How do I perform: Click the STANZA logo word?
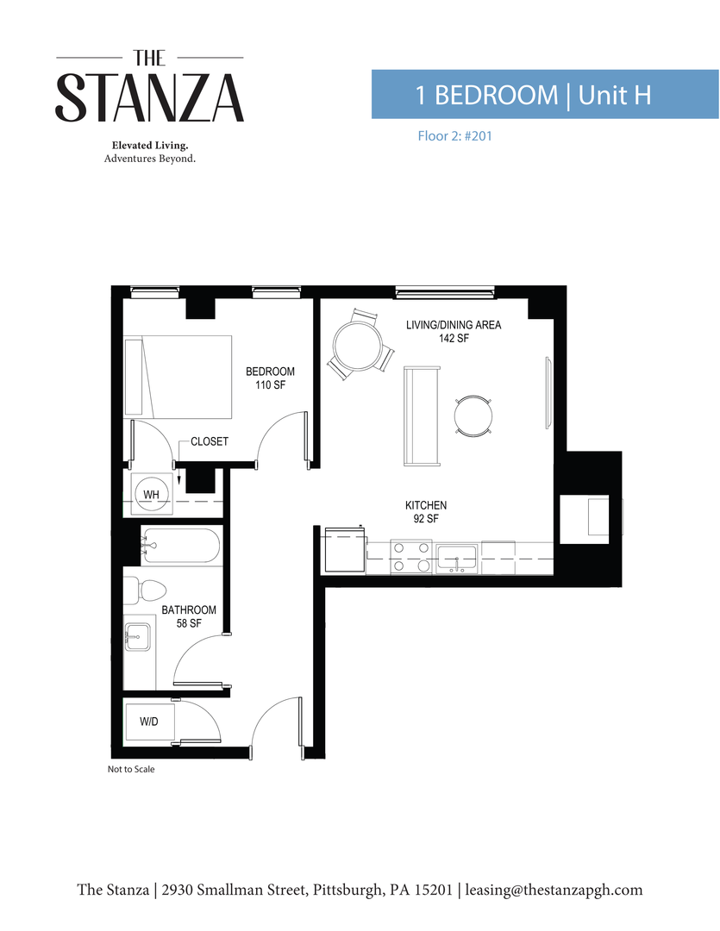[150, 97]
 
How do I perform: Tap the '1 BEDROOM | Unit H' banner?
[533, 94]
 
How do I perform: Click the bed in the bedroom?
[178, 376]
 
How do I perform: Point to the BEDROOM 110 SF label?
[270, 378]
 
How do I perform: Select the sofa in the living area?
[422, 415]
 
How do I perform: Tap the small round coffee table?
[473, 416]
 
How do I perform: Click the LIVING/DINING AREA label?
[454, 331]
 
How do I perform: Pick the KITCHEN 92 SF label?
[426, 511]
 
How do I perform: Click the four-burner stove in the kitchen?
[411, 556]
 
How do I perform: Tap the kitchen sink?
[457, 558]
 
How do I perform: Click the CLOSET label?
[210, 441]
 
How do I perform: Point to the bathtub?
[180, 546]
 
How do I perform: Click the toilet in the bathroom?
[145, 590]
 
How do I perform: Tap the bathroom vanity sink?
[138, 640]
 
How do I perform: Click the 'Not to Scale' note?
[131, 769]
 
